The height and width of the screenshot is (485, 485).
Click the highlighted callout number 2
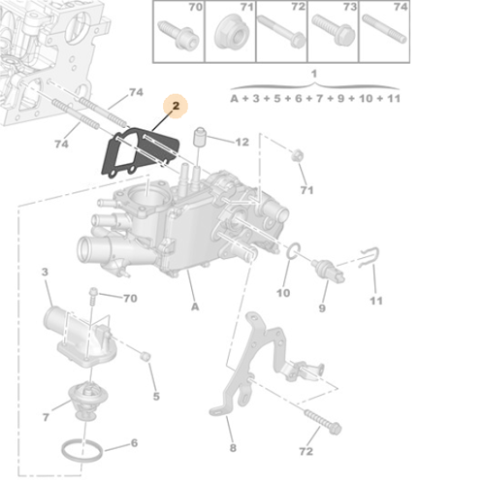point(177,107)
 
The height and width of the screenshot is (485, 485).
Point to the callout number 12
point(242,143)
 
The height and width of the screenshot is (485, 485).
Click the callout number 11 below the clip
point(376,301)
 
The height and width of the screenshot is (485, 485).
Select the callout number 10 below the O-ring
point(283,293)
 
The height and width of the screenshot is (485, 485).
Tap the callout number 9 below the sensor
point(322,307)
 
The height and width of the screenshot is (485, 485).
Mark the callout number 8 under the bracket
point(232,447)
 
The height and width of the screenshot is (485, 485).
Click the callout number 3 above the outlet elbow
point(45,275)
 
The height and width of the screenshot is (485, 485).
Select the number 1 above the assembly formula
point(313,74)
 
